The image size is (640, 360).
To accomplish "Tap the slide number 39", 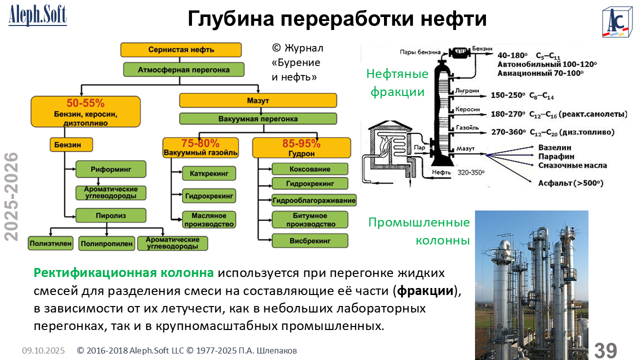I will click(x=606, y=350).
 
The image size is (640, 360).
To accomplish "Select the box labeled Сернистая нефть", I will click(x=181, y=49).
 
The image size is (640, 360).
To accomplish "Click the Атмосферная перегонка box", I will click(x=183, y=69).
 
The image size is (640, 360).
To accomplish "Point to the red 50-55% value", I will click(x=85, y=103).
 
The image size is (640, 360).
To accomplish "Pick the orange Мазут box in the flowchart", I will click(x=258, y=100).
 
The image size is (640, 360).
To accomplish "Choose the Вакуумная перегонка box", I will click(x=258, y=119).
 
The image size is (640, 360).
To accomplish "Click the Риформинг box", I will click(x=111, y=169).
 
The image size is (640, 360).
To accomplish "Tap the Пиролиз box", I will click(x=111, y=215).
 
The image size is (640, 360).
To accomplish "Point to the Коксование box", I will click(x=310, y=169).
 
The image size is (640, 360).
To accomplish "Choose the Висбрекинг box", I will click(x=310, y=240).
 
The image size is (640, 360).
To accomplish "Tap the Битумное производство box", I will click(x=310, y=219).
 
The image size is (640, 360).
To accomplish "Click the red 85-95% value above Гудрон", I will click(x=301, y=143).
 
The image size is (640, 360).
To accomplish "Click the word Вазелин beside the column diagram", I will click(x=554, y=148).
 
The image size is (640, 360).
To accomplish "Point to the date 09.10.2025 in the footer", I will click(x=43, y=351).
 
